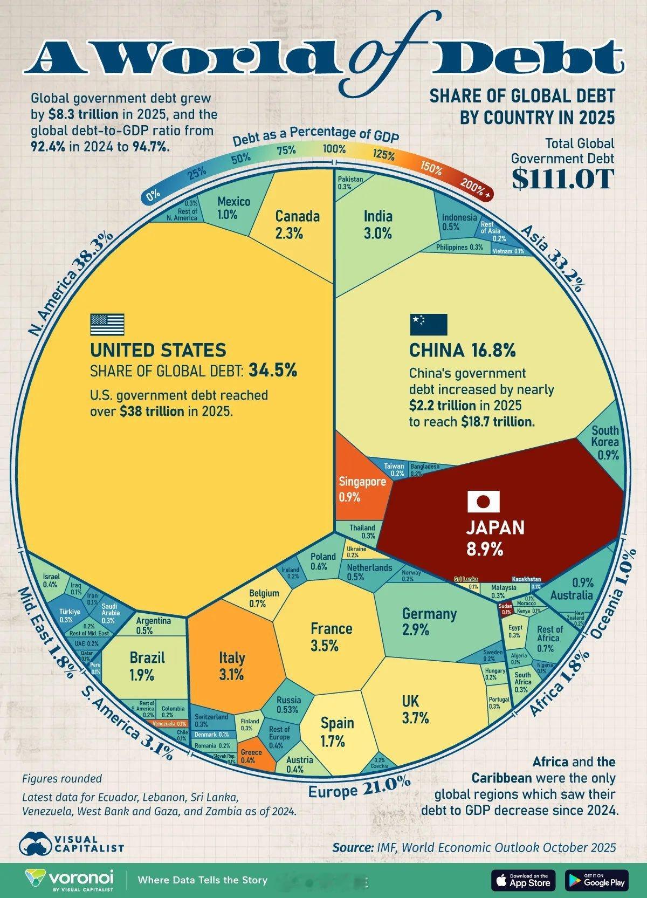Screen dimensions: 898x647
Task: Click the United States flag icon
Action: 107,324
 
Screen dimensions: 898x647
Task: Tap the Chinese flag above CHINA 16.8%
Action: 428,324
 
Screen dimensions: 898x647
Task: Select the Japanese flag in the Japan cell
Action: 483,501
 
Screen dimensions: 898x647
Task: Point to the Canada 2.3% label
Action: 297,224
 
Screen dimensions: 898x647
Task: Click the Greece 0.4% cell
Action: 251,756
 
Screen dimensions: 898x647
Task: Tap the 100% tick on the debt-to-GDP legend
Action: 334,149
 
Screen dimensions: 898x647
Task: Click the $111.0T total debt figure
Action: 562,179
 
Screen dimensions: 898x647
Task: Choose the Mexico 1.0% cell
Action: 233,208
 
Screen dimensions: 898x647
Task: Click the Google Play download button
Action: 597,880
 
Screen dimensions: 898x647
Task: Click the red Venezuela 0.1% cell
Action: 168,724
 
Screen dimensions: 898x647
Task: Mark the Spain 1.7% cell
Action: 338,731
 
